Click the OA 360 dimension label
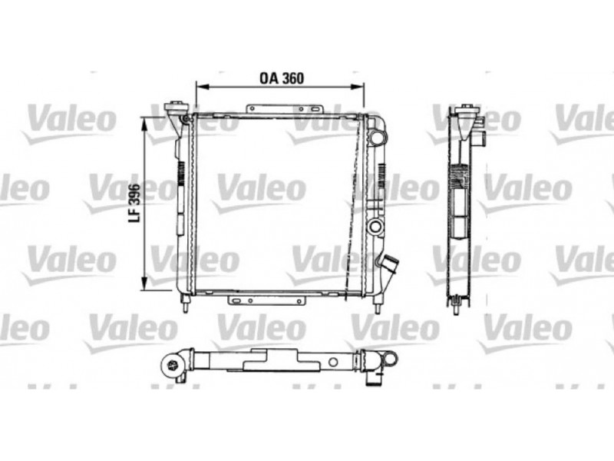(x=282, y=78)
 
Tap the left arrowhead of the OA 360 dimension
(x=200, y=87)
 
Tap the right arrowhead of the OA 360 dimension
(x=358, y=87)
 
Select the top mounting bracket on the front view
(x=284, y=109)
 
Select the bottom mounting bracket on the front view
(x=266, y=300)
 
